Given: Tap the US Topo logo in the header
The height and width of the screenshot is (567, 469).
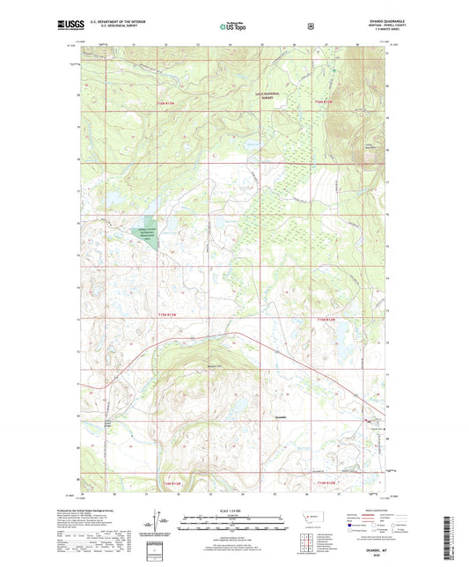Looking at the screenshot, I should tap(233, 27).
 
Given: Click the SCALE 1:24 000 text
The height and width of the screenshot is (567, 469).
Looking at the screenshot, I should tap(233, 515).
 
